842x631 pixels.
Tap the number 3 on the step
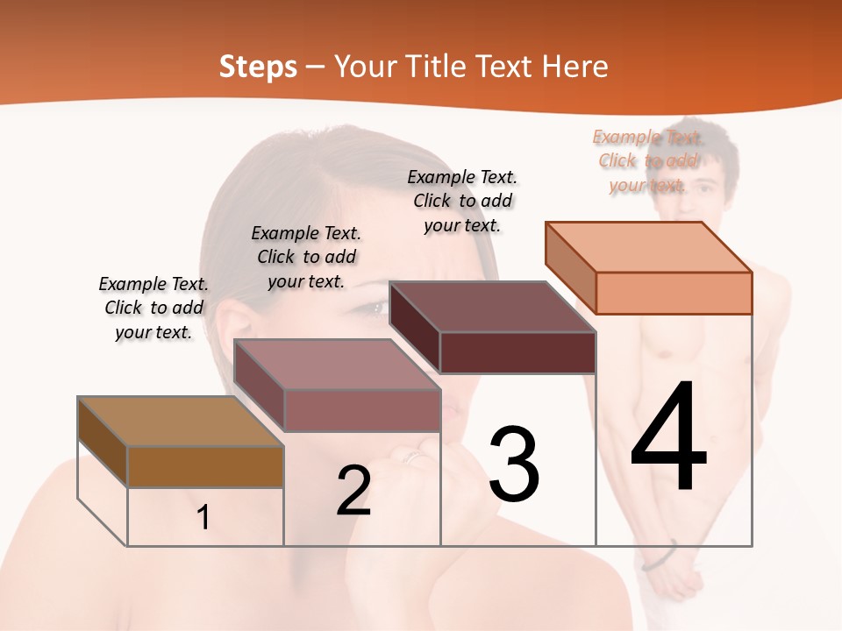[514, 464]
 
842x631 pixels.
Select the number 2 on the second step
[353, 491]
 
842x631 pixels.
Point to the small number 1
[203, 518]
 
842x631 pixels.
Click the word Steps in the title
[258, 67]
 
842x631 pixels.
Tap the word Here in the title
[575, 67]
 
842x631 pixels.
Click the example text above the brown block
[153, 308]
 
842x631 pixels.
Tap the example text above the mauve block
[306, 257]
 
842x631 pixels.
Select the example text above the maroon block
[462, 201]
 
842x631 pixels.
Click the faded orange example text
[647, 160]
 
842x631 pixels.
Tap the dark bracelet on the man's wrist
[660, 557]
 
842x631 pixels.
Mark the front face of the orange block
[674, 293]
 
